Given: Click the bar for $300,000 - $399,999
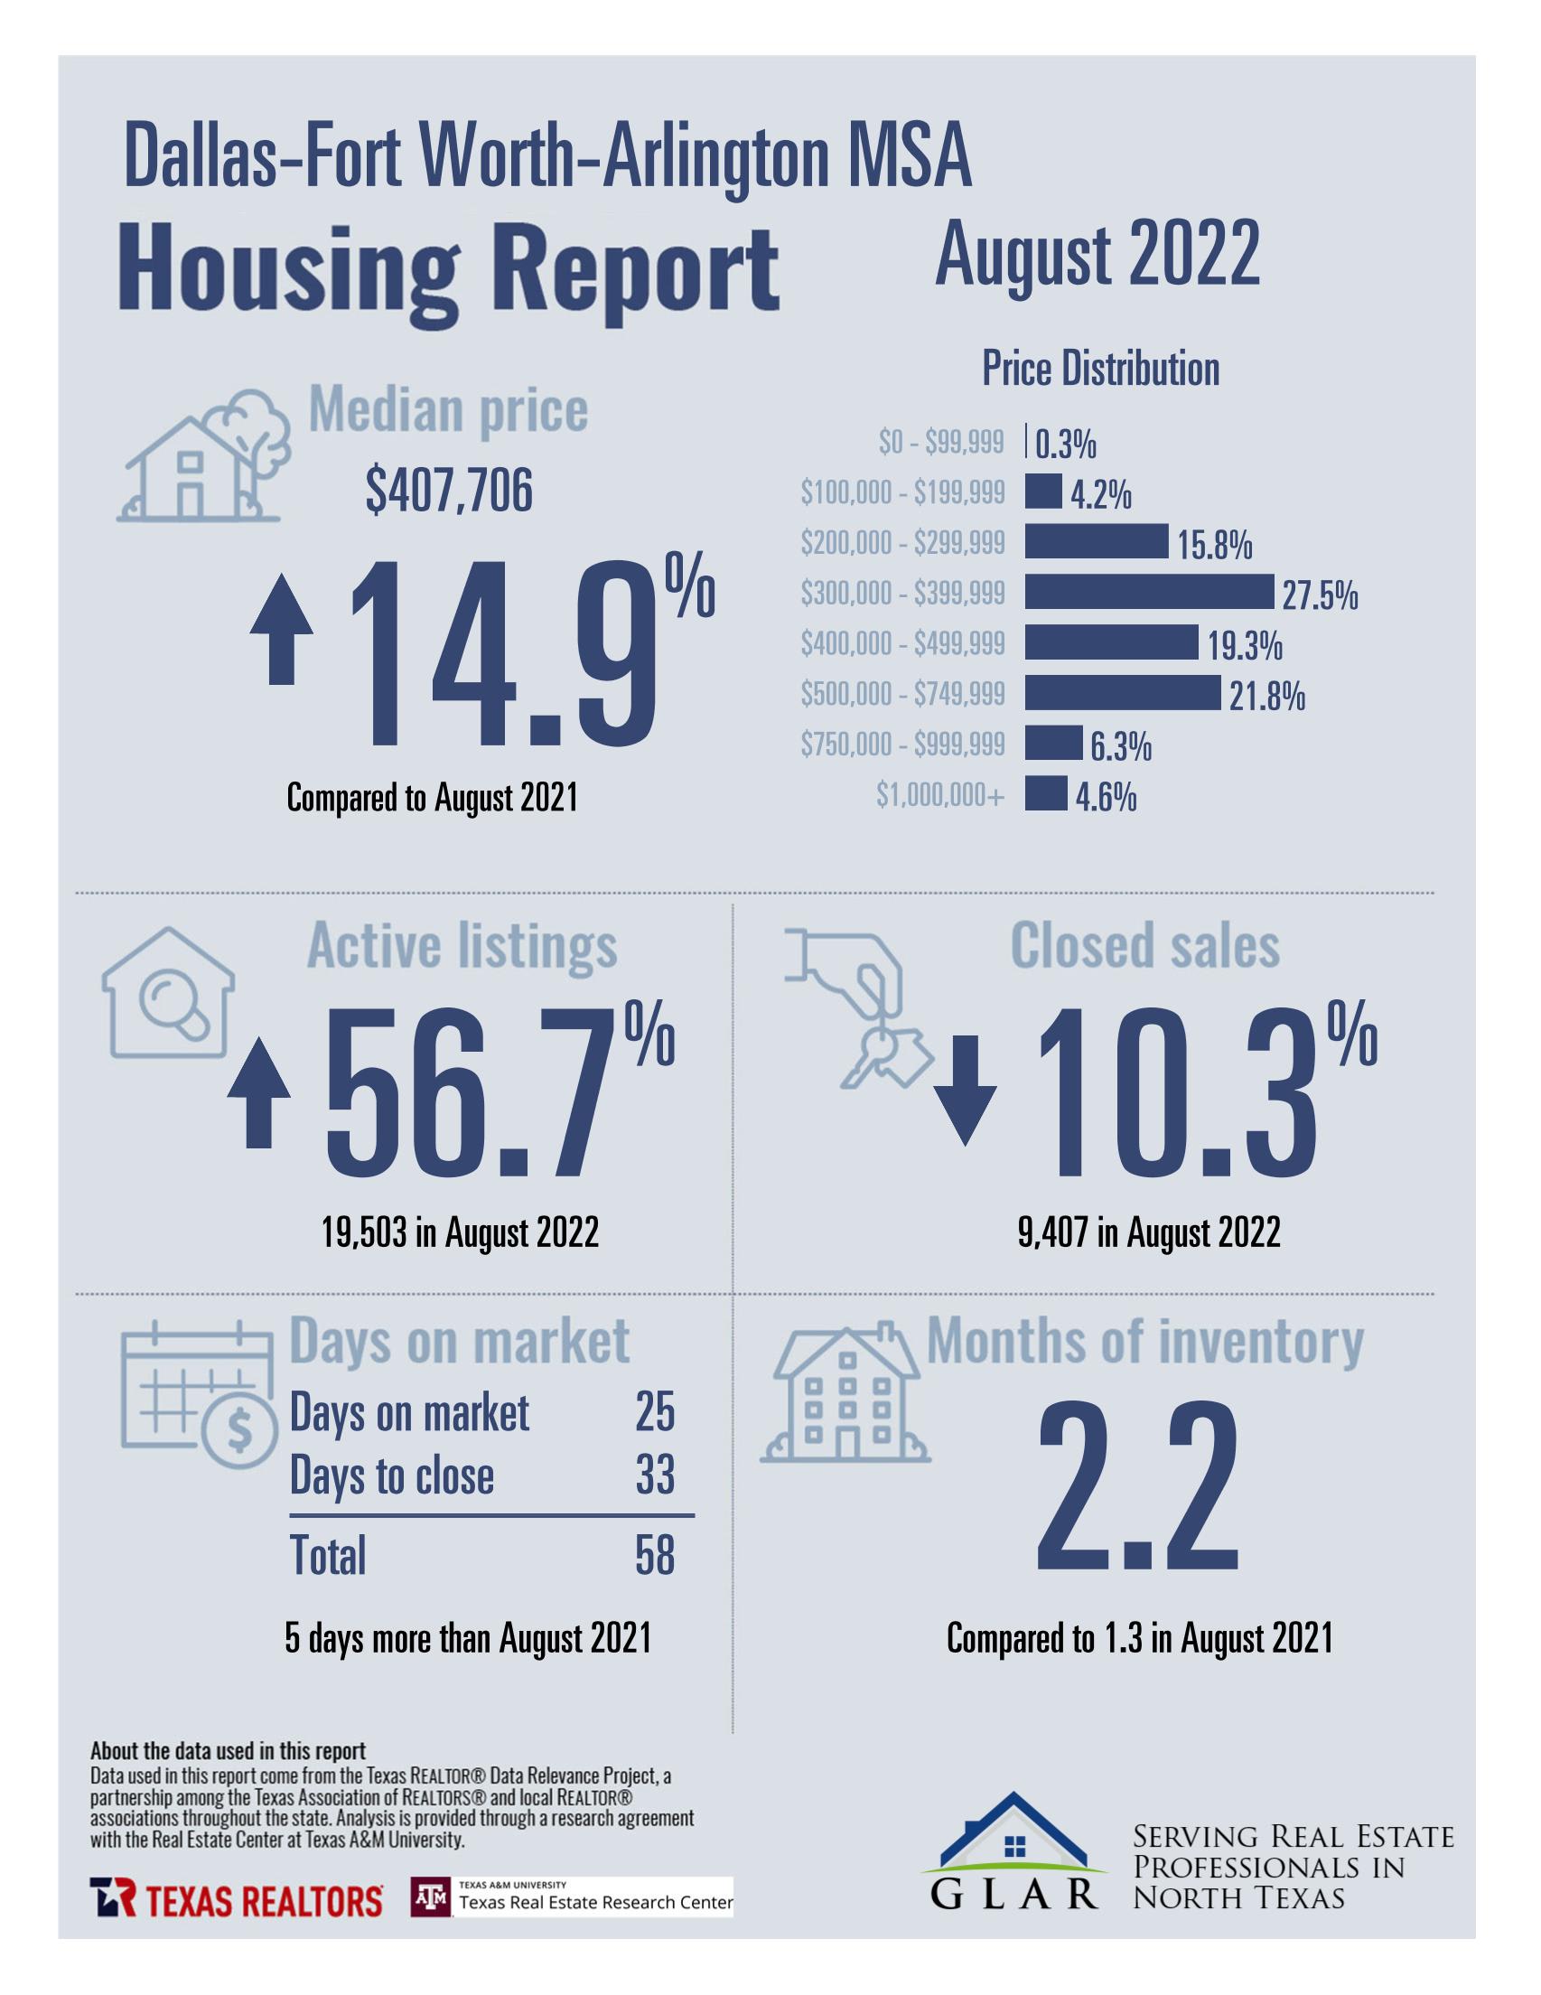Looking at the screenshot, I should pyautogui.click(x=1147, y=592).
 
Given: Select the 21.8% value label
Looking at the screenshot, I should pyautogui.click(x=1266, y=698).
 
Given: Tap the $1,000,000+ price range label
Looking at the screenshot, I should pyautogui.click(x=940, y=797).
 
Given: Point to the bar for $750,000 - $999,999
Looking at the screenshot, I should pyautogui.click(x=1051, y=744).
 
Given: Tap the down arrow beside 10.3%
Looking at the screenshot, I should pyautogui.click(x=966, y=1089).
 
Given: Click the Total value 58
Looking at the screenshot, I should pyautogui.click(x=654, y=1556).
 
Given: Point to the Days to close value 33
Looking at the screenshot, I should pyautogui.click(x=654, y=1475).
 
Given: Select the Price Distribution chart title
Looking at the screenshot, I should pyautogui.click(x=1100, y=369).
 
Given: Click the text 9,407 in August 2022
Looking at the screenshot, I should pyautogui.click(x=1148, y=1233).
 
